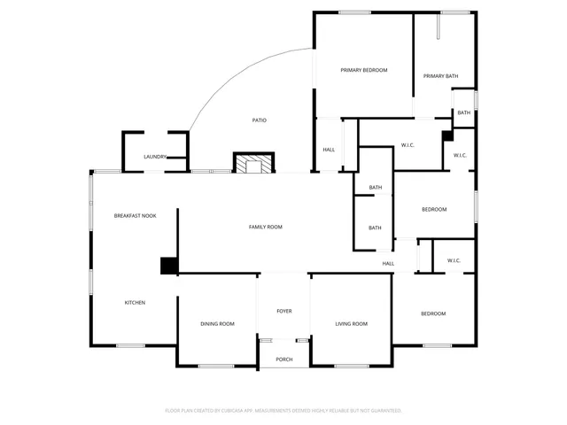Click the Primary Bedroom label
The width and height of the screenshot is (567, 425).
(365, 70)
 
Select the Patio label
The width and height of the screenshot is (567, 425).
(259, 120)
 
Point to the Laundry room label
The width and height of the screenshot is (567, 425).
(155, 157)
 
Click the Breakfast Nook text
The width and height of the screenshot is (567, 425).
(135, 215)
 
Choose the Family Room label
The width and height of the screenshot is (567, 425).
(265, 228)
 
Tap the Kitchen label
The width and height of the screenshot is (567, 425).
(135, 303)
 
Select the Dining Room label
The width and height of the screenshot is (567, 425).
(217, 324)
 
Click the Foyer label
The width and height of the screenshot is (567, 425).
(283, 312)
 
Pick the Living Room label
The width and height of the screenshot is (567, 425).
(351, 324)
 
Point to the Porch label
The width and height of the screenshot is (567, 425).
(283, 359)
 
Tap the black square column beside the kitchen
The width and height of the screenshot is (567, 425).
(168, 265)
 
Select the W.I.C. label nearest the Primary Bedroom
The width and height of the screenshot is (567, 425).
(408, 145)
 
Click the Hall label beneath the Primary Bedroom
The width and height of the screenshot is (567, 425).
(329, 150)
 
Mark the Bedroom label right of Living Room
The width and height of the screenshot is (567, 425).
(433, 314)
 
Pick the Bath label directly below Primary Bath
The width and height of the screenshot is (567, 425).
(463, 113)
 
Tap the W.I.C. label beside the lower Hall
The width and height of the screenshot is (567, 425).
(454, 260)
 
